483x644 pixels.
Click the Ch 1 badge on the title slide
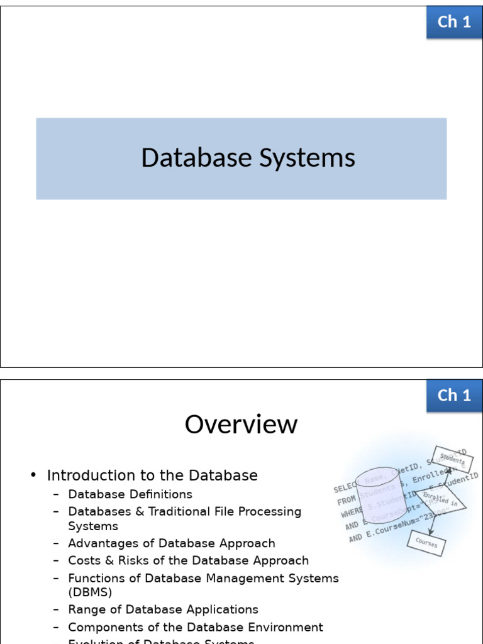point(454,22)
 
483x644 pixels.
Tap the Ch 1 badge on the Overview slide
point(454,395)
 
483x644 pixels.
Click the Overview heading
point(241,425)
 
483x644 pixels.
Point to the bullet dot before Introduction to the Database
point(34,475)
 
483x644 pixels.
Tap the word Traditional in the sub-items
point(181,512)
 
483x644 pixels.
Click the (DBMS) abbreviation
point(90,592)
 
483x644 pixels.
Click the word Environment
point(286,627)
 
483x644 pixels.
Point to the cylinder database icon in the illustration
point(377,497)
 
